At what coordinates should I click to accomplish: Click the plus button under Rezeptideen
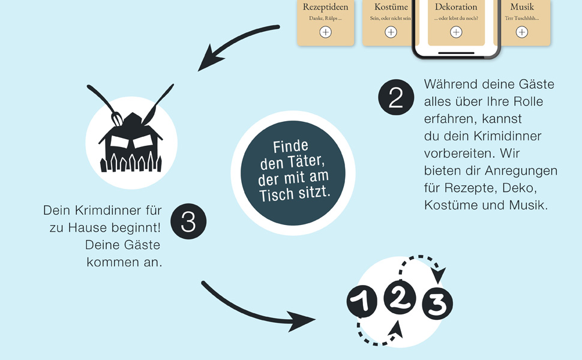coord(325,32)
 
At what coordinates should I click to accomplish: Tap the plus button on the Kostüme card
coord(391,32)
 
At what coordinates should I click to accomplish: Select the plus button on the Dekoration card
coord(456,32)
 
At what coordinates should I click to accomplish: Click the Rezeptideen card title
coord(325,7)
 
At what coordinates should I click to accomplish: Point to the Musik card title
coord(522,7)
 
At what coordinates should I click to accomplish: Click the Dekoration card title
coord(456,7)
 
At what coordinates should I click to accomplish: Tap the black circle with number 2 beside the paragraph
coord(396,98)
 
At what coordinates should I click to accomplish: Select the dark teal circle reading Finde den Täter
coord(293,170)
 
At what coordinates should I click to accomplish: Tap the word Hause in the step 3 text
coord(103,227)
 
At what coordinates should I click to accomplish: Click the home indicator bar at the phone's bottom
coord(456,53)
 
